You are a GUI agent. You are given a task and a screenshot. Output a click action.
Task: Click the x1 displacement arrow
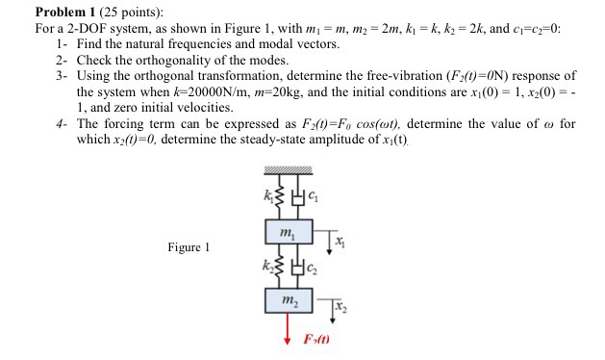(330, 241)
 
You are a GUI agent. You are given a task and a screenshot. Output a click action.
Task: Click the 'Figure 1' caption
(189, 247)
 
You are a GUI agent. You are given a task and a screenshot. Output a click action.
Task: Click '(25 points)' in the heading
(133, 13)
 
